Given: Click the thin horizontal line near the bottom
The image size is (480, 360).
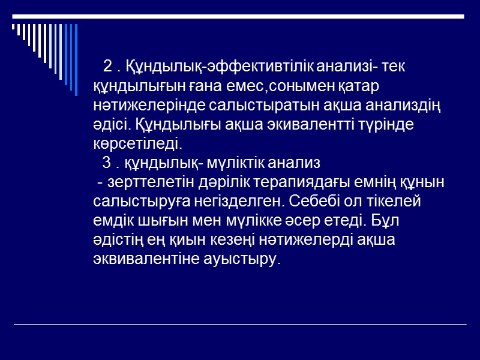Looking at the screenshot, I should click(240, 325).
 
